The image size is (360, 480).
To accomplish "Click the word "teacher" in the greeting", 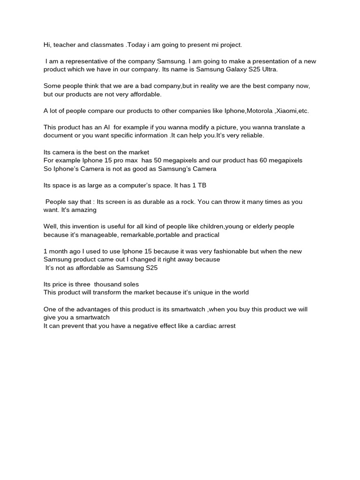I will (64, 45).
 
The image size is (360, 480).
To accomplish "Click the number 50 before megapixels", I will (158, 160).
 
